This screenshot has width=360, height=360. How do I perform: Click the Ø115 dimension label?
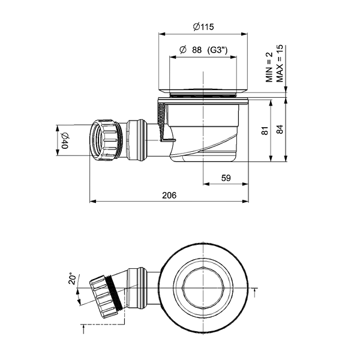(203, 27)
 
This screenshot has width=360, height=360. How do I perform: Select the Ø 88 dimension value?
(191, 50)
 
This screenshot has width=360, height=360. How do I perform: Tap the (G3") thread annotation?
(217, 50)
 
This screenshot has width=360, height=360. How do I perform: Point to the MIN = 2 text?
(269, 67)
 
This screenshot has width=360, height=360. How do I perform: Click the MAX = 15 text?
(280, 64)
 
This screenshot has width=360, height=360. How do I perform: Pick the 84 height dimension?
(280, 129)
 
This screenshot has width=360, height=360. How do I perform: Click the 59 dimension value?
(226, 178)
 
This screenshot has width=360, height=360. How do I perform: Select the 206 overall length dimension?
(169, 195)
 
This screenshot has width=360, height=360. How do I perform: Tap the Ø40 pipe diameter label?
(65, 141)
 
